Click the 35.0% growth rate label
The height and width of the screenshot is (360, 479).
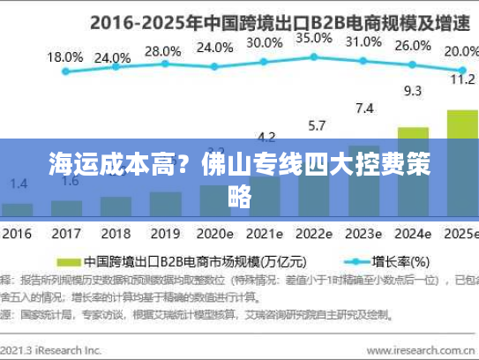[x=313, y=39]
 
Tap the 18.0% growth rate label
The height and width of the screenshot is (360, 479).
[x=64, y=57]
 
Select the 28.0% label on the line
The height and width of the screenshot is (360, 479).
[x=161, y=52]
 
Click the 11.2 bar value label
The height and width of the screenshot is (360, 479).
[x=462, y=79]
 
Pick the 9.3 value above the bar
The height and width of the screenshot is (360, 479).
[x=412, y=90]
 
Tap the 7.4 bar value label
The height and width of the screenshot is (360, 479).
[x=363, y=109]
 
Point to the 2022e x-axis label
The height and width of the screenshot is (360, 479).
[x=313, y=236]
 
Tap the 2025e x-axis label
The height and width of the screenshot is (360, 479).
[x=459, y=236]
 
